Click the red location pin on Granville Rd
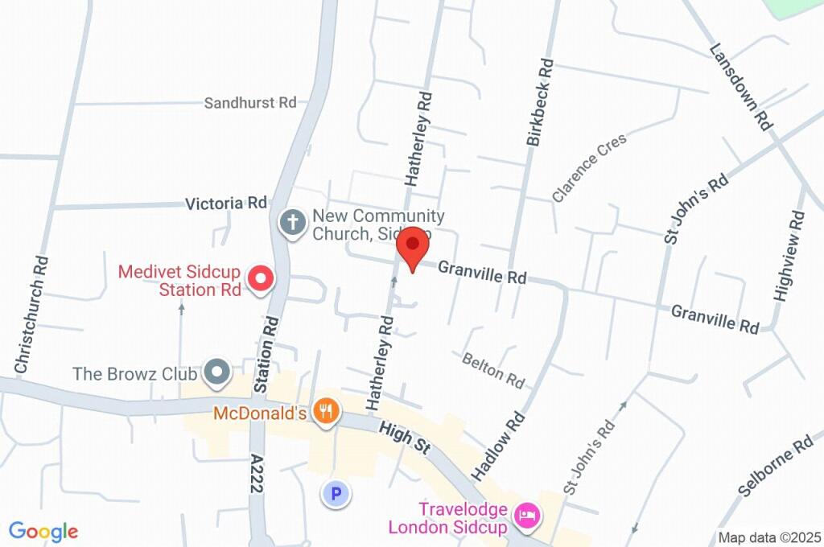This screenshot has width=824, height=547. tap(414, 245)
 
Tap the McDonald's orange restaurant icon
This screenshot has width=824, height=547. tap(325, 413)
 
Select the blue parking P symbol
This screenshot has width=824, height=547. tap(336, 493)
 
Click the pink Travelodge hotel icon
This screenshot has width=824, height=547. tap(527, 516)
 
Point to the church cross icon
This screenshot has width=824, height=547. tap(292, 223)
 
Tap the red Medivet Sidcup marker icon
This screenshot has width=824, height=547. tap(261, 279)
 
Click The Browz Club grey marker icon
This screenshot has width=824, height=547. tap(216, 372)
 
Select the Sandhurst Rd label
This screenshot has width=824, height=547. tap(249, 103)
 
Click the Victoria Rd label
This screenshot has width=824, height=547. tap(225, 204)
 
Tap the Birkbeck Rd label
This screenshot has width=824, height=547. tap(540, 102)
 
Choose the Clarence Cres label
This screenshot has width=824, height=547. tap(589, 167)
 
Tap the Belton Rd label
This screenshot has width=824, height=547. tap(493, 368)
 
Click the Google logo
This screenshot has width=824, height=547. tap(43, 531)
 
